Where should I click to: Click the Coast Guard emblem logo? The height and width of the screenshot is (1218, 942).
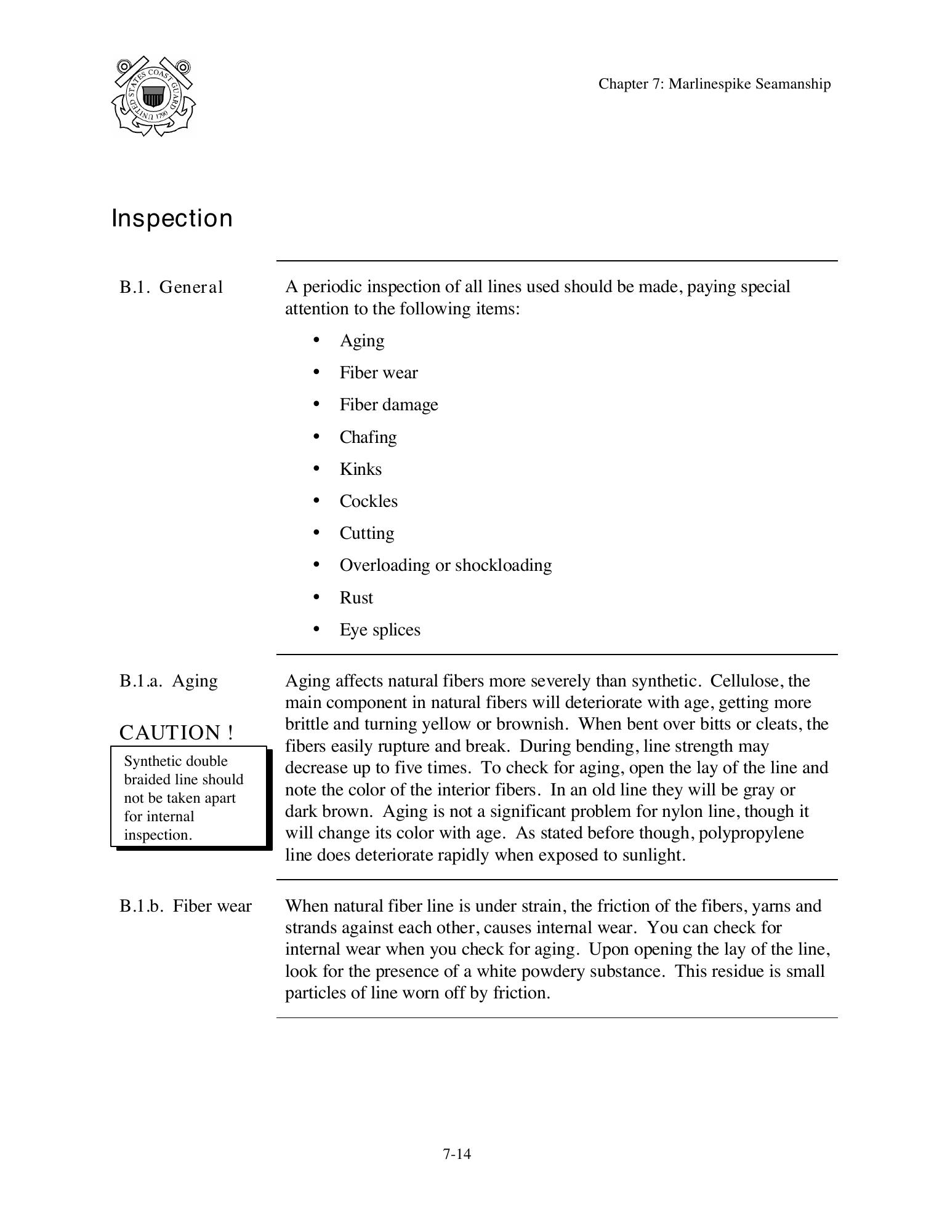click(153, 97)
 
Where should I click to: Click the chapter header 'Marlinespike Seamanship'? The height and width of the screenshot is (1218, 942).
click(714, 84)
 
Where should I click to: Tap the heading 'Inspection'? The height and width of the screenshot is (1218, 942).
click(172, 218)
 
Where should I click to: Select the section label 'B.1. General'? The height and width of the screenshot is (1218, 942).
click(171, 287)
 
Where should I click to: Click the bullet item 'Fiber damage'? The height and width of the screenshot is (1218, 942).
click(388, 405)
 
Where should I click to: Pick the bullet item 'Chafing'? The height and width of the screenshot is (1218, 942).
click(368, 437)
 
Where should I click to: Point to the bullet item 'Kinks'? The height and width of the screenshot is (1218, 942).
click(360, 469)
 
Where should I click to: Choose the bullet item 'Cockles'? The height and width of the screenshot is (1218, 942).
click(368, 501)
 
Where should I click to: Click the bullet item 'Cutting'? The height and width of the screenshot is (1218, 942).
click(366, 533)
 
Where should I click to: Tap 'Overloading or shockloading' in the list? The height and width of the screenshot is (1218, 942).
click(445, 565)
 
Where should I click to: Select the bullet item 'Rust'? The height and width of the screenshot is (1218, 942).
click(356, 597)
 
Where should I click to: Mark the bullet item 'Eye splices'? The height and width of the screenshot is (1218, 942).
click(379, 629)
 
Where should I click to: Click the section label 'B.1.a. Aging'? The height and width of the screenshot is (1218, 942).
click(168, 681)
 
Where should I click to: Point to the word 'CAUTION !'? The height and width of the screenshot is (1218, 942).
click(176, 733)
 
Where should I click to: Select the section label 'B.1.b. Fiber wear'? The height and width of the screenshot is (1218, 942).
click(185, 906)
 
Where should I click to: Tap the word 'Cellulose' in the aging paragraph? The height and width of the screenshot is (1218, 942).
click(745, 681)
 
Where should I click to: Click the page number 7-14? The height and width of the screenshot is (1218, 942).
click(456, 1154)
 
